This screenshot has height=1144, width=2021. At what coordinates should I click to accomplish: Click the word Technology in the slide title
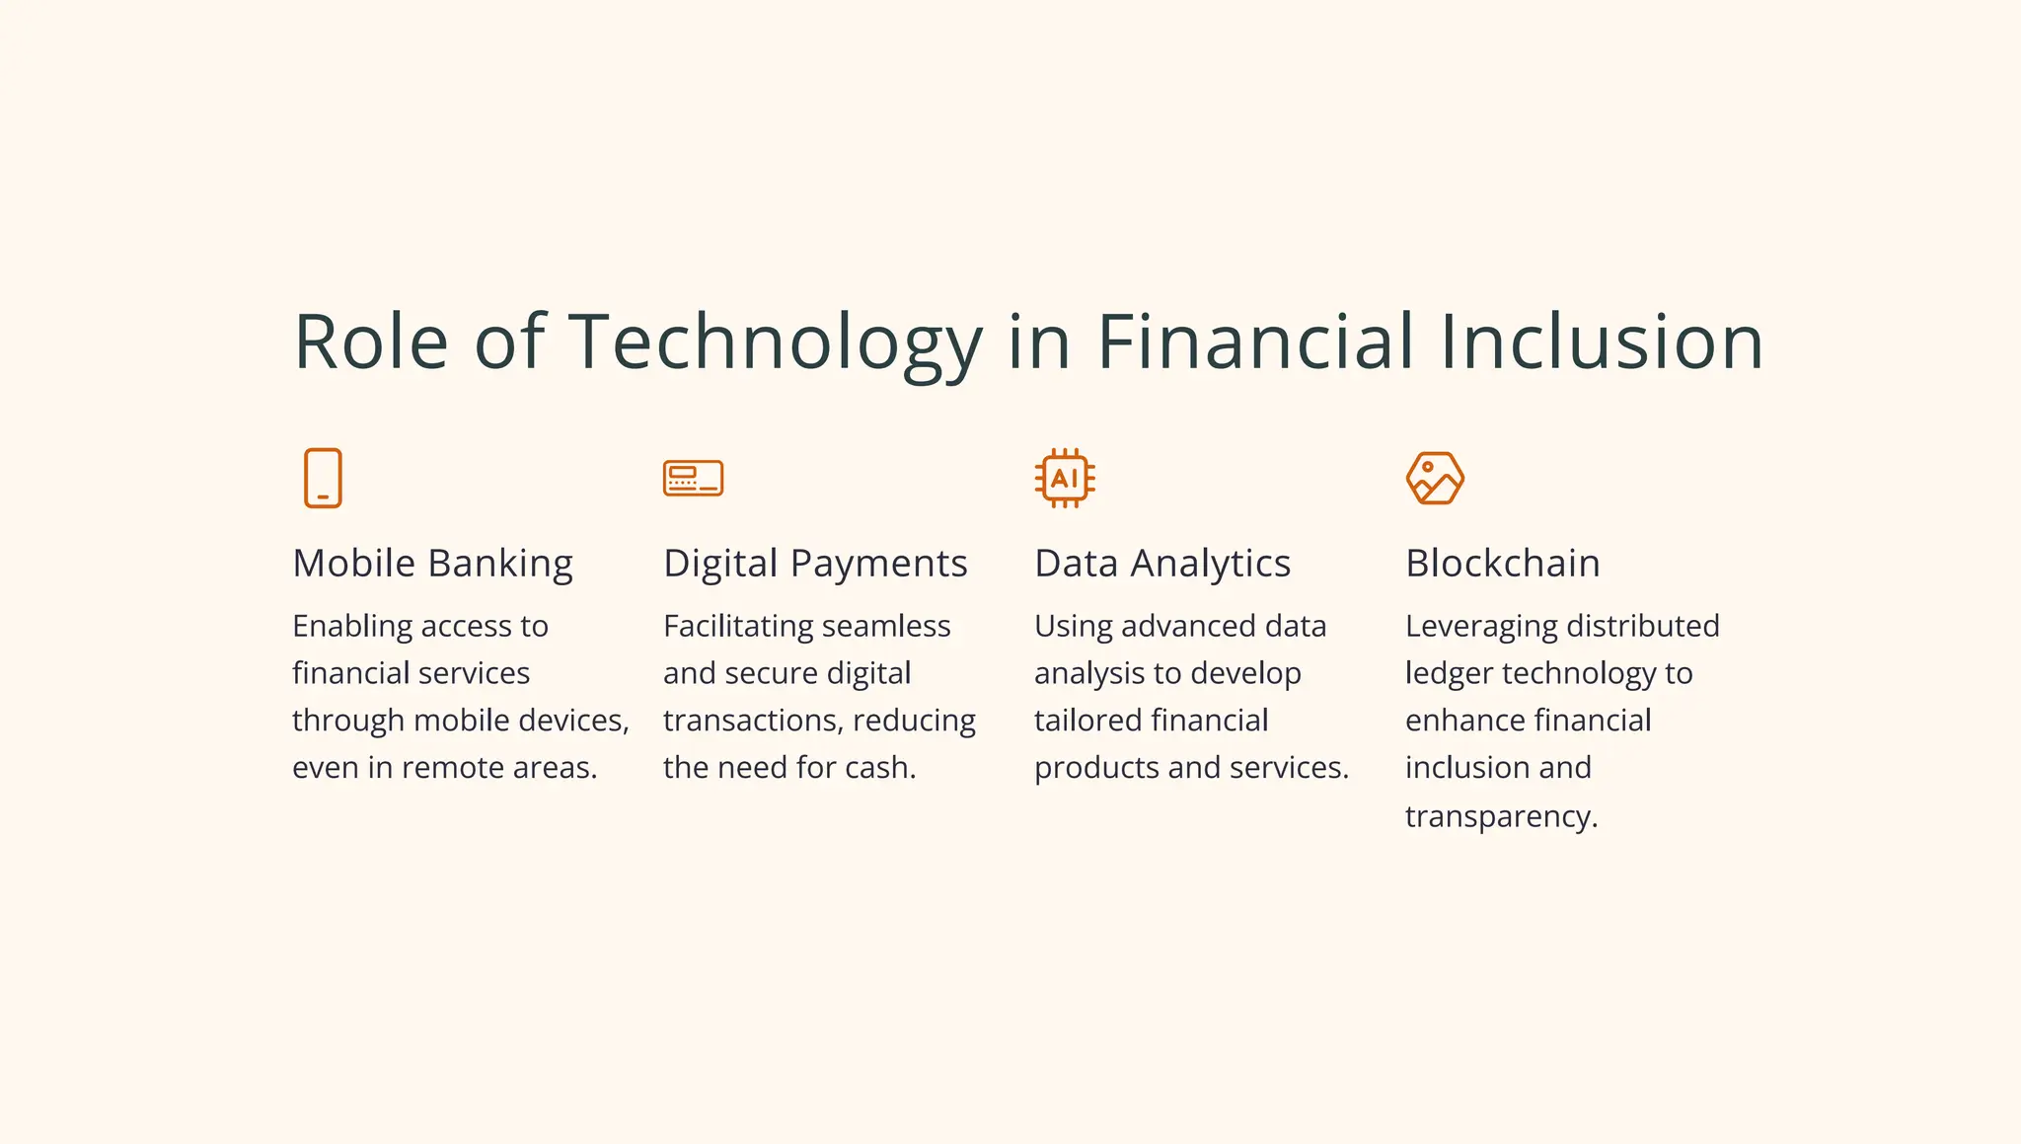pyautogui.click(x=776, y=342)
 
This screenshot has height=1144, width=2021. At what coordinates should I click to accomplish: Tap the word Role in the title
pyautogui.click(x=371, y=342)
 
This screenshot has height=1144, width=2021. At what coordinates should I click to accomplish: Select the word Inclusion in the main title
pyautogui.click(x=1601, y=342)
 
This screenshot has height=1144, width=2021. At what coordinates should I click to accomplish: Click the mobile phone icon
pyautogui.click(x=323, y=479)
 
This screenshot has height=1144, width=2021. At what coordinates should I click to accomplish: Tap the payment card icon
pyautogui.click(x=693, y=479)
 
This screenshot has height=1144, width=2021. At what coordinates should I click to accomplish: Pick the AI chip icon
pyautogui.click(x=1065, y=479)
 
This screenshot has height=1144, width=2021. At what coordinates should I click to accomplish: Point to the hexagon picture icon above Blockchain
pyautogui.click(x=1435, y=479)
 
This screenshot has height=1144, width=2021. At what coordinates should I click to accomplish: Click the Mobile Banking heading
pyautogui.click(x=432, y=564)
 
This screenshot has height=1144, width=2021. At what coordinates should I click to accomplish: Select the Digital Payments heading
pyautogui.click(x=815, y=564)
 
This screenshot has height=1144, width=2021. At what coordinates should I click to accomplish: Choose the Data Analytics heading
pyautogui.click(x=1162, y=564)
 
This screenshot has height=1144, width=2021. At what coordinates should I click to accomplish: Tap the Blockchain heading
pyautogui.click(x=1502, y=564)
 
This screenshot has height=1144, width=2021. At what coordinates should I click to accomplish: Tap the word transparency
pyautogui.click(x=1501, y=817)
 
